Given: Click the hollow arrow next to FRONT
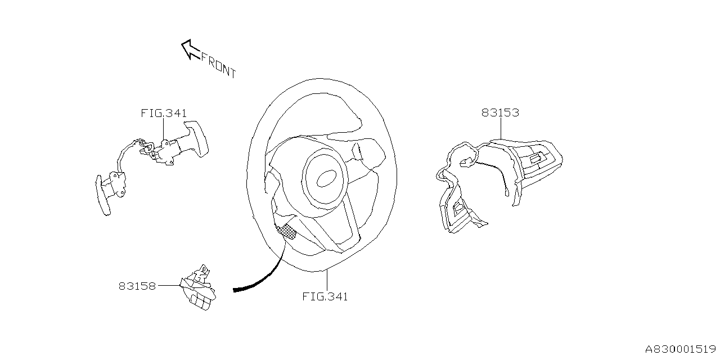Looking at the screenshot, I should click(x=189, y=49).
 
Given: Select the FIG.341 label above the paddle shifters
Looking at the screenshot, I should click(x=163, y=113).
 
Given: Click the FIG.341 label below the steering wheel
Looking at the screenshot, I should click(x=325, y=296).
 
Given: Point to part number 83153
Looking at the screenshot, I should click(x=500, y=113).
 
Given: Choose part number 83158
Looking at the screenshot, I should click(x=137, y=286).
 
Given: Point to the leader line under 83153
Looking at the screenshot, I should click(x=500, y=128).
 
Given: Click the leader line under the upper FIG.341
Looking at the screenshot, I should click(x=163, y=129).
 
